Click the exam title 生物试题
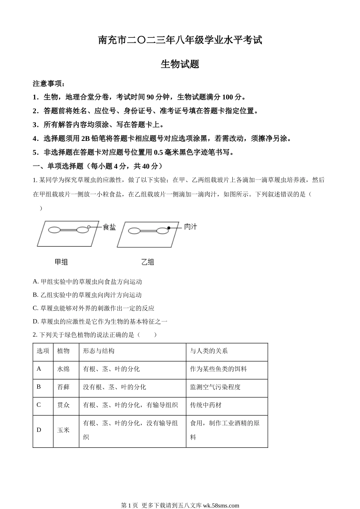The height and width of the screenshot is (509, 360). tap(180, 64)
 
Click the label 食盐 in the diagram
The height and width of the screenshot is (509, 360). tap(109, 227)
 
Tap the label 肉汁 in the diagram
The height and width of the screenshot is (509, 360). tap(191, 226)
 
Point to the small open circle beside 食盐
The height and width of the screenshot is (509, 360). tap(89, 227)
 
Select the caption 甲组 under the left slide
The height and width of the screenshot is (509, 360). tap(61, 262)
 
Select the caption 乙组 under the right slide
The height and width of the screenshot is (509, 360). tap(147, 262)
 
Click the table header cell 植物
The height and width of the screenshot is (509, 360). tap(63, 351)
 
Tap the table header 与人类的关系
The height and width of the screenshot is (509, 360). tap(209, 351)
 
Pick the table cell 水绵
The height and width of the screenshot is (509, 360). tap(63, 369)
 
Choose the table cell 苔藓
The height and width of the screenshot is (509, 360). tap(63, 387)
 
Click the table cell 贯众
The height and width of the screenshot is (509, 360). tap(63, 405)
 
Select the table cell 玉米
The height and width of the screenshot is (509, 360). tap(63, 430)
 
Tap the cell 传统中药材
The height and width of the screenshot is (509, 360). tap(206, 405)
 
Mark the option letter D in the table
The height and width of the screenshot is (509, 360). tap(39, 430)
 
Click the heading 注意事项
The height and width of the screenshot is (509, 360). tap(49, 84)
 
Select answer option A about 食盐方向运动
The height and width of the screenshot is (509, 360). tap(88, 282)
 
